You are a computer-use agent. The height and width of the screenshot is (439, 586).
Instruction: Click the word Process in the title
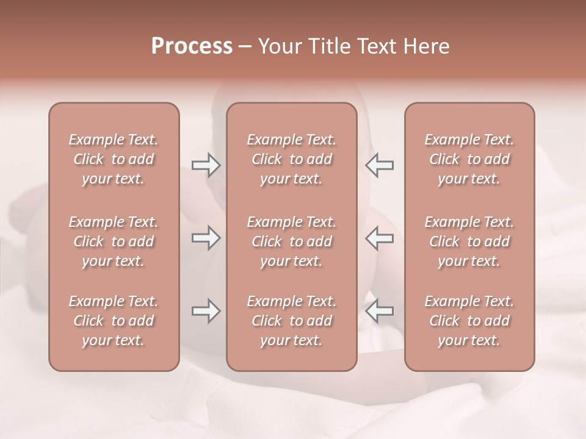192,46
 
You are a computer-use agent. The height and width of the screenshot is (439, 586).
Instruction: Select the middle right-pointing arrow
206,238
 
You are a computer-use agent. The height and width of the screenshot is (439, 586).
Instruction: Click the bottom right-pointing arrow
206,311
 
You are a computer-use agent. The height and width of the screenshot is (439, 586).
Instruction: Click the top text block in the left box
114,159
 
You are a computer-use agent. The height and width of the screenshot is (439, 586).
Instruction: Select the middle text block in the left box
114,241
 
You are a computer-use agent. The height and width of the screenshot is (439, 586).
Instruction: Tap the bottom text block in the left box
114,321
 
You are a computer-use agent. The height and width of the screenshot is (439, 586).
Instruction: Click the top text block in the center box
292,159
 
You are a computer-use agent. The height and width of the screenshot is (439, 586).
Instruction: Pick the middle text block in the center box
292,241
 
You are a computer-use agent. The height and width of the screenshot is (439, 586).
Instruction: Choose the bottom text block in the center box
292,321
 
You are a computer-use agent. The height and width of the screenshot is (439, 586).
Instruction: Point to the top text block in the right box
469,159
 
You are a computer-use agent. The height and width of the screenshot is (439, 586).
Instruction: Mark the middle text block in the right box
469,241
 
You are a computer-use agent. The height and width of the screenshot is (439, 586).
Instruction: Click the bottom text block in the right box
469,321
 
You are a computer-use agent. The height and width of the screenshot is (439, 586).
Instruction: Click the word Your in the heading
280,46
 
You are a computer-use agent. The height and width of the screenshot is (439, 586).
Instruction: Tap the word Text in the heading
377,46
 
